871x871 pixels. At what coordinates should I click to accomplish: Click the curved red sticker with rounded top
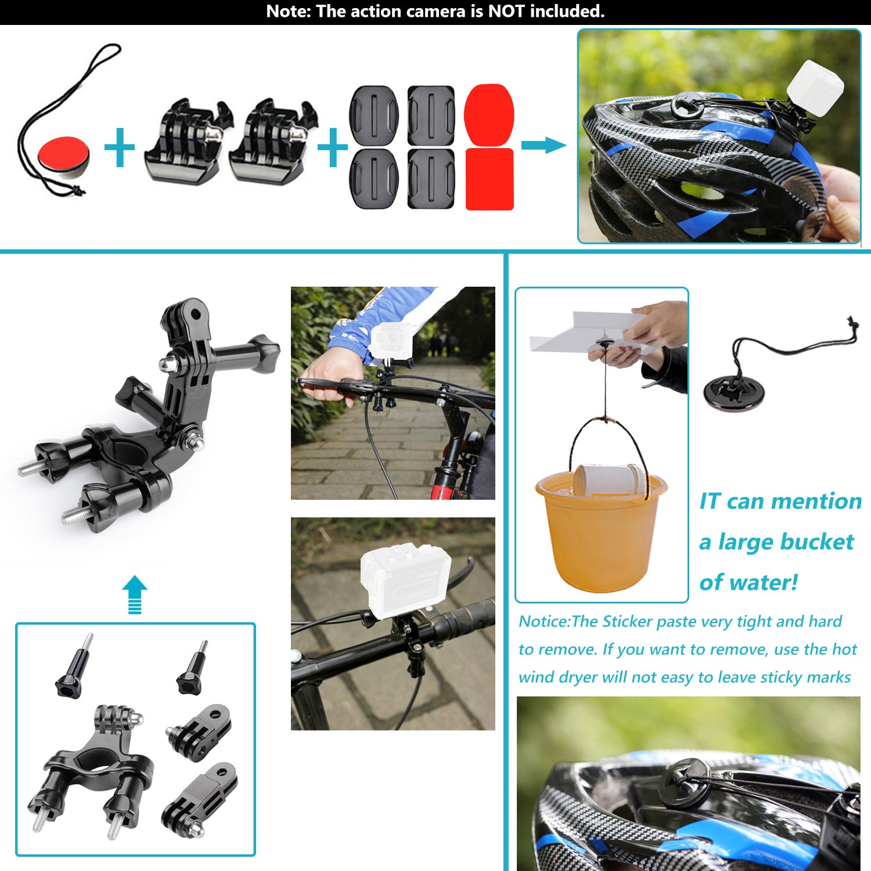[490, 116]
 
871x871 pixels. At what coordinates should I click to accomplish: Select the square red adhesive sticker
[490, 179]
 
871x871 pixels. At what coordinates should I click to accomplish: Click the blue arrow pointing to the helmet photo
[544, 145]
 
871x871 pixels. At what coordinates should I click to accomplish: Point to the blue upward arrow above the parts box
[135, 594]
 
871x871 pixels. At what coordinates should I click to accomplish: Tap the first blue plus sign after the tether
[120, 147]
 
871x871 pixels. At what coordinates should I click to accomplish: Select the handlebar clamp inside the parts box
[93, 766]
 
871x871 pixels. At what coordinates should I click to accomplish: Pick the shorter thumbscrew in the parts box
[192, 668]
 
